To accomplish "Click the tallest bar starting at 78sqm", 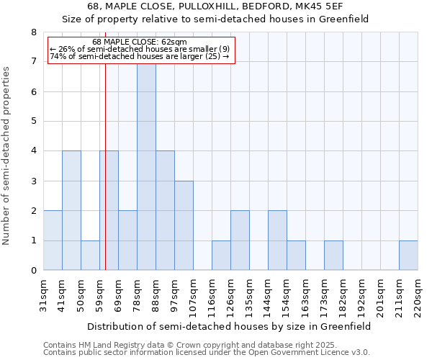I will [x=146, y=166].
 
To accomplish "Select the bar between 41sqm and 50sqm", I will [x=71, y=210].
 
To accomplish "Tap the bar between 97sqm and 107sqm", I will [x=184, y=225].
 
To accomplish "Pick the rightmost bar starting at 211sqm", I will [x=408, y=256].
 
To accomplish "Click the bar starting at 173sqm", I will [x=333, y=256].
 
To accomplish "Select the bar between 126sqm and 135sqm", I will [x=240, y=240].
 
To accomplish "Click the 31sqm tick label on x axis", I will [x=44, y=293].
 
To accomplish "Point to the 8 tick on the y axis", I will [x=33, y=32].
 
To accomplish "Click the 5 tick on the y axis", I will [x=33, y=122].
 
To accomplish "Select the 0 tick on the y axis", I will [x=33, y=271].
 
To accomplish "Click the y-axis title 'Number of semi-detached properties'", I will [x=7, y=156].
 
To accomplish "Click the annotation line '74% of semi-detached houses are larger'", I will [x=140, y=56].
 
